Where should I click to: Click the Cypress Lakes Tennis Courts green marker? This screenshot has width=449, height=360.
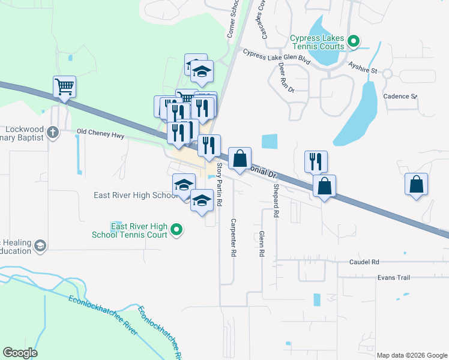pos(354,42)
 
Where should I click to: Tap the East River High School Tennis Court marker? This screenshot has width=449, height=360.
pos(176,229)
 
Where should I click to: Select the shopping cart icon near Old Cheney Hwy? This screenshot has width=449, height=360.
pos(64,86)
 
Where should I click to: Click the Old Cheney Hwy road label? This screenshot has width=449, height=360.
pos(100,136)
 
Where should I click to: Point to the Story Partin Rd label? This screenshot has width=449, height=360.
pos(219,185)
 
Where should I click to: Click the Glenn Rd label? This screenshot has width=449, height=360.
pos(262,245)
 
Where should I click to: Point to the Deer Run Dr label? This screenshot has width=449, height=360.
pos(286,78)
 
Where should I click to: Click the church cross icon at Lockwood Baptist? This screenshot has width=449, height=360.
pos(53,132)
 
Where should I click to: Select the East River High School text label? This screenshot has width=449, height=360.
pos(133,195)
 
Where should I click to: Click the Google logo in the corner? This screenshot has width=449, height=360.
pos(20,353)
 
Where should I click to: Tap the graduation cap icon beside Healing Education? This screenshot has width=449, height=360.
pos(40,245)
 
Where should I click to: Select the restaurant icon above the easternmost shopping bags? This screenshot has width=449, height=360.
pos(316,161)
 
